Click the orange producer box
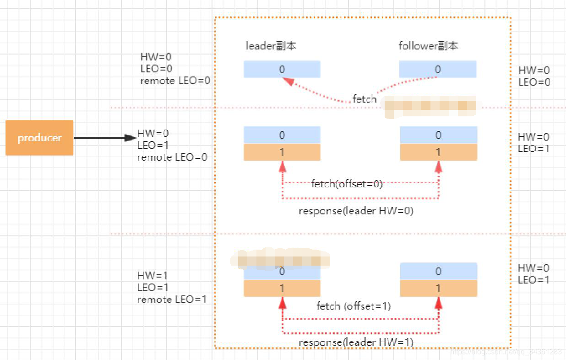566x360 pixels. tap(39, 138)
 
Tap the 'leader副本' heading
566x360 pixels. tap(271, 46)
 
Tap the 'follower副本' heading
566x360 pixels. tap(428, 46)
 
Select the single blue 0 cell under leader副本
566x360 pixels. tap(282, 70)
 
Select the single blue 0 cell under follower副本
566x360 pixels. tap(438, 70)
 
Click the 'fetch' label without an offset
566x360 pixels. tap(365, 98)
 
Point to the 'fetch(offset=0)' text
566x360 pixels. tap(347, 184)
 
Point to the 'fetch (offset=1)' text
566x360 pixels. tap(354, 305)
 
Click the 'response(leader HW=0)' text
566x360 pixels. tap(356, 211)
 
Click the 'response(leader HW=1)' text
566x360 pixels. tap(356, 343)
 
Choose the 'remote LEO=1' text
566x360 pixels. tap(172, 300)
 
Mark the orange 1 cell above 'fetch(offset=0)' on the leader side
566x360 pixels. tap(282, 152)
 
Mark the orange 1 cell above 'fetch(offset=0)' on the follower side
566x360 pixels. tap(438, 152)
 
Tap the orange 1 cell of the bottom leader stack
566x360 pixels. tap(282, 288)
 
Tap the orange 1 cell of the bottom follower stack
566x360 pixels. tap(438, 288)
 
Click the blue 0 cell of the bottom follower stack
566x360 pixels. tap(438, 271)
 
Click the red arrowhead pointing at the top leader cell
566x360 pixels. tap(288, 81)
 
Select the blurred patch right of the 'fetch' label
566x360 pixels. tap(428, 106)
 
